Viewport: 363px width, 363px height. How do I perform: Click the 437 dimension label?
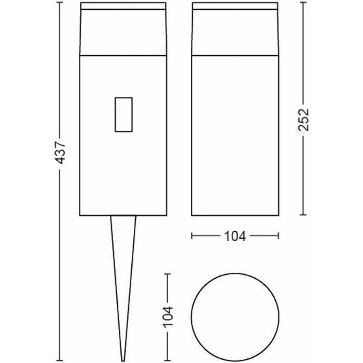[61, 153]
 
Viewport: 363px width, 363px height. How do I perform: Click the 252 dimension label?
[303, 120]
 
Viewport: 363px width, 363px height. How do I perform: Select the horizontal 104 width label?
[235, 236]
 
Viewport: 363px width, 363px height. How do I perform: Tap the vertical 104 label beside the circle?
[168, 317]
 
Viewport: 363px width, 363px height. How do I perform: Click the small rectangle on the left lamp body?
[123, 115]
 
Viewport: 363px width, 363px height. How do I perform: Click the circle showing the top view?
[235, 273]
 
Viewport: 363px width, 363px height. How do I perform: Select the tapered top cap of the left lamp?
[123, 29]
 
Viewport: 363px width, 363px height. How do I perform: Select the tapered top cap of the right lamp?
[235, 29]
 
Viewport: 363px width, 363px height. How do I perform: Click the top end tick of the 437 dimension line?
[60, 2]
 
